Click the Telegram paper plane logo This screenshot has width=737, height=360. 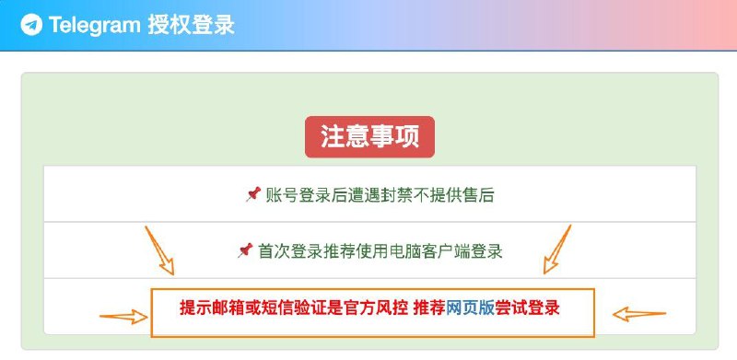[32, 26]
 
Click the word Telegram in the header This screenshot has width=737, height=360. [96, 26]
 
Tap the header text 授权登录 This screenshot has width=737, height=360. [191, 26]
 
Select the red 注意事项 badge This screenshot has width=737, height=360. [369, 137]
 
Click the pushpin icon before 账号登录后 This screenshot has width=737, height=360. [252, 194]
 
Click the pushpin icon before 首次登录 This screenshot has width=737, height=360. [245, 250]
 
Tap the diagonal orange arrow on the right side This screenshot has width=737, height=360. [557, 249]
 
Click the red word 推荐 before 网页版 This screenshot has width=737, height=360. [430, 308]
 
